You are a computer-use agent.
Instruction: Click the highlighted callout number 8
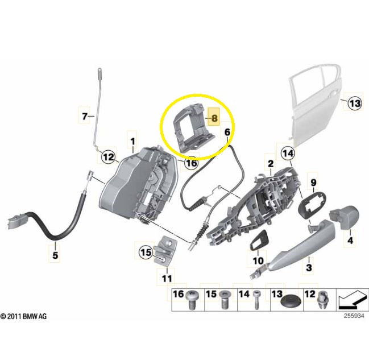point(214,118)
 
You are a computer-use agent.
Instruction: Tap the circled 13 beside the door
point(355,104)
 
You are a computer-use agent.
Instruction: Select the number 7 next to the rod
point(85,116)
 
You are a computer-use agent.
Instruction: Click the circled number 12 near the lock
point(109,157)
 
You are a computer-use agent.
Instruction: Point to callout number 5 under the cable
point(55,255)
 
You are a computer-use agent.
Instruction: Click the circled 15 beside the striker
point(146,253)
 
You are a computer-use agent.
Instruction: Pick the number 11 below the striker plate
point(167,279)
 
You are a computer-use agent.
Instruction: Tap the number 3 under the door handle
point(309,267)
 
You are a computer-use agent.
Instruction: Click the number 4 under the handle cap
point(350,241)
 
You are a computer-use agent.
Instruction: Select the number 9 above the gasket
point(314,183)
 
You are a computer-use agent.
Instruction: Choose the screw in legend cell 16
point(192,300)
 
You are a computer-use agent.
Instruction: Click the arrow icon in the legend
point(352,300)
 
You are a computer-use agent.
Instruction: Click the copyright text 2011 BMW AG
point(23,316)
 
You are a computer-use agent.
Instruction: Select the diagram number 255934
point(354,316)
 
